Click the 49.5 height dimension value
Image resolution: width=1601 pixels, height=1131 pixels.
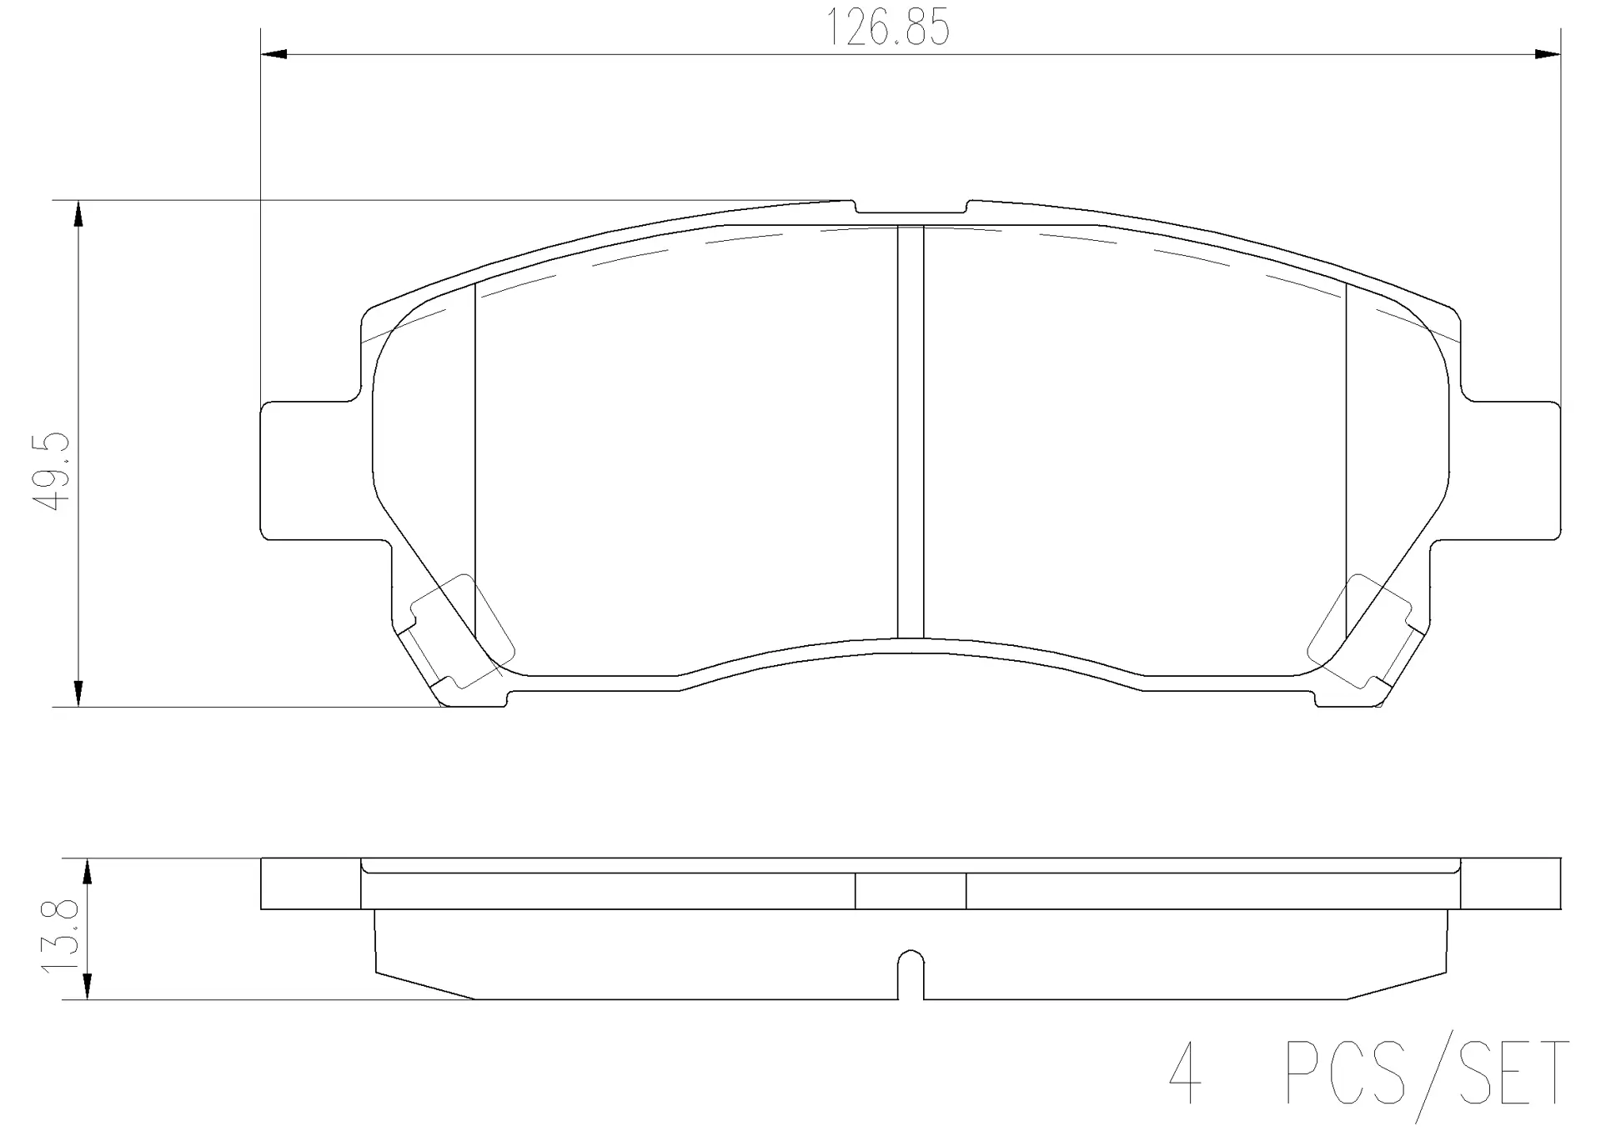49,472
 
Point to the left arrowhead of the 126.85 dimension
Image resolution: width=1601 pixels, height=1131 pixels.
274,55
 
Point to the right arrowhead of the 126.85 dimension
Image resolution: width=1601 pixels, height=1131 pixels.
1548,55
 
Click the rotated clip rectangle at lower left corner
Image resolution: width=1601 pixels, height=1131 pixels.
463,632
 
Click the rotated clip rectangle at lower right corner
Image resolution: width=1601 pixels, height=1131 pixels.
1359,632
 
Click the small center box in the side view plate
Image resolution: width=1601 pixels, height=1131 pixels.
911,891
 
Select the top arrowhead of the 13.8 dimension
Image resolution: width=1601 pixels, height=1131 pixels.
87,872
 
